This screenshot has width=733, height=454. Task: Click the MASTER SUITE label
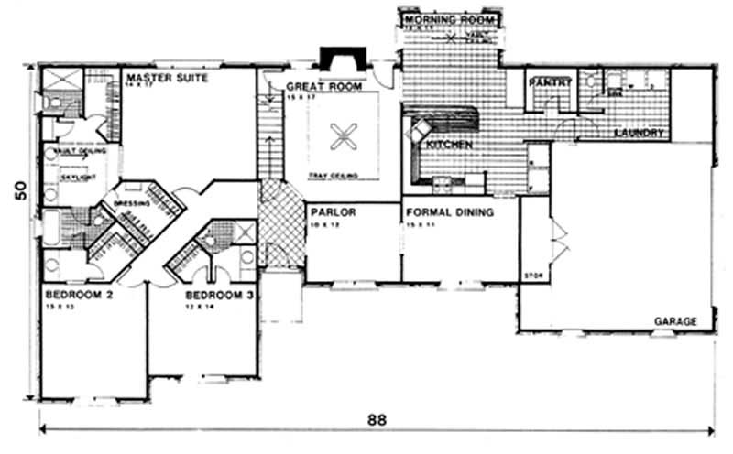167,79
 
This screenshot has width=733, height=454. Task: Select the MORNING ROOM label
449,19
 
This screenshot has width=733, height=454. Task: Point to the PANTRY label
550,82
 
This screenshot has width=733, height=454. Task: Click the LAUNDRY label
638,133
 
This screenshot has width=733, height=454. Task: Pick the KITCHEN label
448,145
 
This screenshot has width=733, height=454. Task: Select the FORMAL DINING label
450,211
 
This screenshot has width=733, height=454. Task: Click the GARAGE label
675,321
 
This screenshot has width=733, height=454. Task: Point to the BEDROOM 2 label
79,296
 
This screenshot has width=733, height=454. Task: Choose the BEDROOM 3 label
219,296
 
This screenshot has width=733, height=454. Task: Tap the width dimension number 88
377,420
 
